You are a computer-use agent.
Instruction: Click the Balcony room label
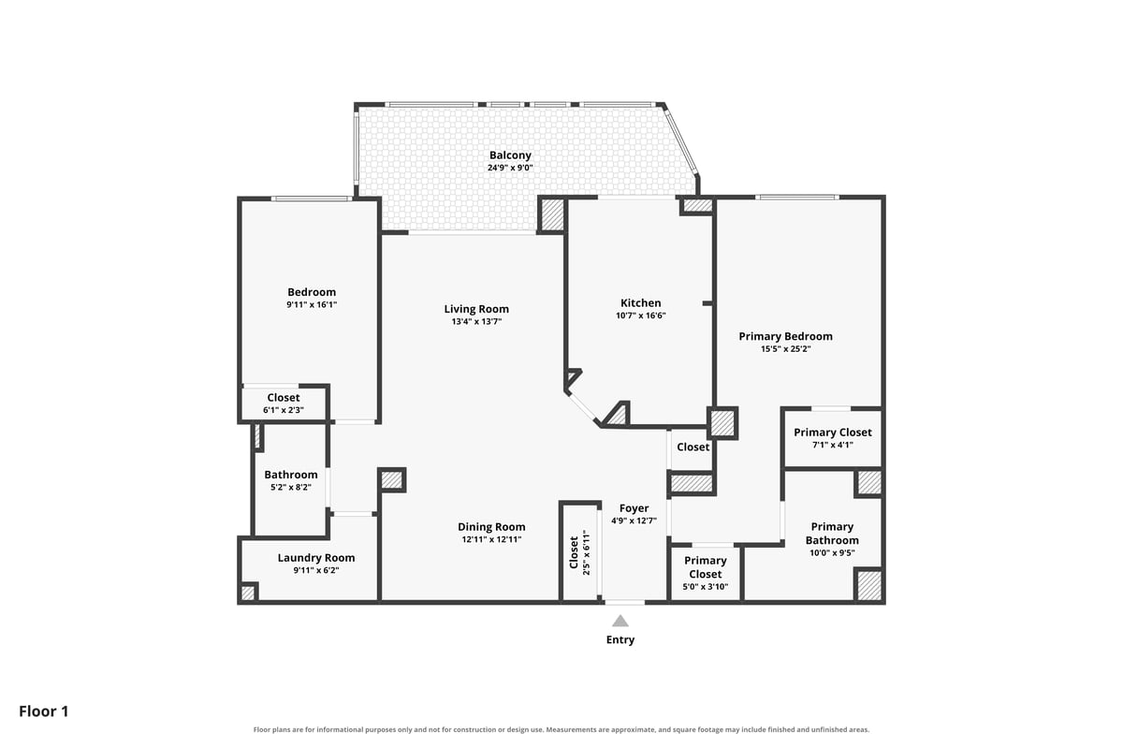click(510, 155)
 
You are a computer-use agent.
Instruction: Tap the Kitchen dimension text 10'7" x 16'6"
click(641, 315)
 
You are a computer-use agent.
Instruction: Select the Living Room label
click(476, 309)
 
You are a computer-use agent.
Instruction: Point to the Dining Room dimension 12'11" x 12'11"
click(491, 539)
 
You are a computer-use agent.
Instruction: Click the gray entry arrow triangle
click(620, 621)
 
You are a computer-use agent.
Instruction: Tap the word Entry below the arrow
click(620, 639)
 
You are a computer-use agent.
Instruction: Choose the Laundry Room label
click(316, 558)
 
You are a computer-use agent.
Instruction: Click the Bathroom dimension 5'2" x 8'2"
click(291, 487)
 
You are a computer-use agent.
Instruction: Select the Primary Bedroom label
click(785, 336)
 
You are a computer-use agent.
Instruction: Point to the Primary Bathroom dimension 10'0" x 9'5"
click(832, 553)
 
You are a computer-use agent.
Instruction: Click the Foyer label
click(634, 508)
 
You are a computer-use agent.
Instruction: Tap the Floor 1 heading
click(44, 711)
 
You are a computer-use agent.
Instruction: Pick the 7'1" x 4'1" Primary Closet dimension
click(833, 445)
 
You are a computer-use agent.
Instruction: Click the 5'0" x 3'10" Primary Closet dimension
click(706, 586)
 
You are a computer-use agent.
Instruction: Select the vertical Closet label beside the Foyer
click(574, 553)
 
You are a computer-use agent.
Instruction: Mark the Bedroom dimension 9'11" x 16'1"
click(312, 304)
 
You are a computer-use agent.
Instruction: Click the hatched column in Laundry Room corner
click(248, 593)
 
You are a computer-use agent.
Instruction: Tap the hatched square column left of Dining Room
click(391, 480)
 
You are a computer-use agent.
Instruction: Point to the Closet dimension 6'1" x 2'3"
click(284, 410)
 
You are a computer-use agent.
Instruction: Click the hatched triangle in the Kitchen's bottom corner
click(618, 416)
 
